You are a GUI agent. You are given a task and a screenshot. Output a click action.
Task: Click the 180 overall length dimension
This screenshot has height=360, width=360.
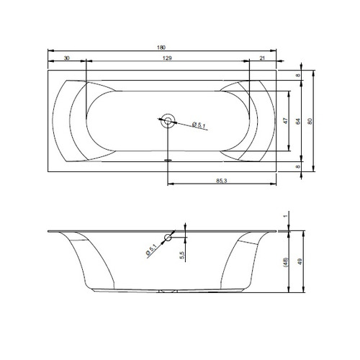[161, 48]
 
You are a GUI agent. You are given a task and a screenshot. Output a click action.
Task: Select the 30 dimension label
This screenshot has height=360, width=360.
[67, 58]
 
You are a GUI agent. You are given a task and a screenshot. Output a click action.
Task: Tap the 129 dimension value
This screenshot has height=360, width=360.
[167, 58]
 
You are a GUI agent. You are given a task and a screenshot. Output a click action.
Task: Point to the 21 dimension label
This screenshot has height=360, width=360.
[262, 58]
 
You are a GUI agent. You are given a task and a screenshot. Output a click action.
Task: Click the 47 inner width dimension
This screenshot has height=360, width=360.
[285, 121]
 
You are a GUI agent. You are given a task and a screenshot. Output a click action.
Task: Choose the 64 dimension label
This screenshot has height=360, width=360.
[298, 121]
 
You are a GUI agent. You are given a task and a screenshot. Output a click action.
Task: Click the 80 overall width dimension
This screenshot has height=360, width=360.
[310, 121]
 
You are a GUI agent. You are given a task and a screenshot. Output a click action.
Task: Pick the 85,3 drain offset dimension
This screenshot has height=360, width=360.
[221, 181]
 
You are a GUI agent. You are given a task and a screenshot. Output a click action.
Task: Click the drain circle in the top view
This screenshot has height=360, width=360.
[168, 121]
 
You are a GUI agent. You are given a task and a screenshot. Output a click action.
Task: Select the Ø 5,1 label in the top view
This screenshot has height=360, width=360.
[199, 125]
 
